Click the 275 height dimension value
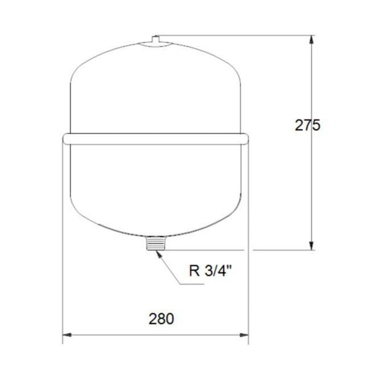point(307,125)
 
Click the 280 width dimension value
point(161,319)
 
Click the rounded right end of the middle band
point(245,138)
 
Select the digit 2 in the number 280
point(153,319)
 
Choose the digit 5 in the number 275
point(316,125)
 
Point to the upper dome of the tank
point(154,85)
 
